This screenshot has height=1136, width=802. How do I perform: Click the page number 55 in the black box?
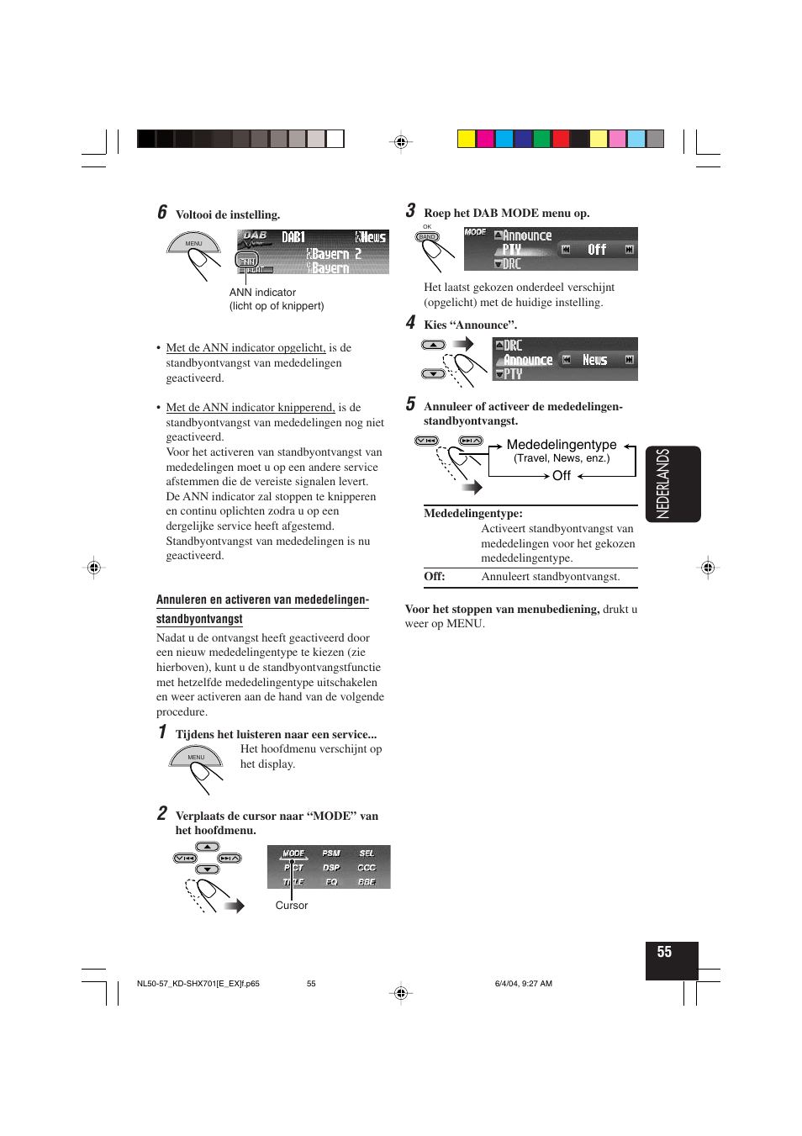click(664, 952)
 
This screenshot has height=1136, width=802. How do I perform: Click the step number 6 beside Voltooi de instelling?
click(162, 213)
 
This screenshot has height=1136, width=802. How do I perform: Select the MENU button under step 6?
click(193, 244)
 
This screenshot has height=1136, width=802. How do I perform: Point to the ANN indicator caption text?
click(262, 293)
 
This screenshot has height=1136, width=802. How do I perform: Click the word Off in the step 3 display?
click(597, 250)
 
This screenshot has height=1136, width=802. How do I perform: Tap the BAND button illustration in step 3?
click(428, 237)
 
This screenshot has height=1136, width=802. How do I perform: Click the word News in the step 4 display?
click(595, 360)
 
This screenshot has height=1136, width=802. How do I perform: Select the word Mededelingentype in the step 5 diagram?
click(562, 444)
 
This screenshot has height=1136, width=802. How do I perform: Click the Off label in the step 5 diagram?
click(562, 476)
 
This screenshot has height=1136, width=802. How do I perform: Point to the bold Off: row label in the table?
click(435, 576)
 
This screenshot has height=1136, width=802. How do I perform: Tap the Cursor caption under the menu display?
click(292, 906)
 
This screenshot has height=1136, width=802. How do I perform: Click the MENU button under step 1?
click(196, 758)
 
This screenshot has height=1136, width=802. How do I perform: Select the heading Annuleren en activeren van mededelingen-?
click(262, 600)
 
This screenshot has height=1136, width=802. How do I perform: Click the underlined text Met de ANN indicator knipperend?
click(251, 407)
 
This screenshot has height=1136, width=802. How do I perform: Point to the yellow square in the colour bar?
click(467, 139)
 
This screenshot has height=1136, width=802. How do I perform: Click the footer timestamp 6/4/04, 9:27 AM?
click(524, 983)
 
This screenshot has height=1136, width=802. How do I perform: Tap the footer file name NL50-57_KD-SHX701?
click(198, 983)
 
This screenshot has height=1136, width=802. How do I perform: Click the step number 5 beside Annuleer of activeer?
click(410, 404)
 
